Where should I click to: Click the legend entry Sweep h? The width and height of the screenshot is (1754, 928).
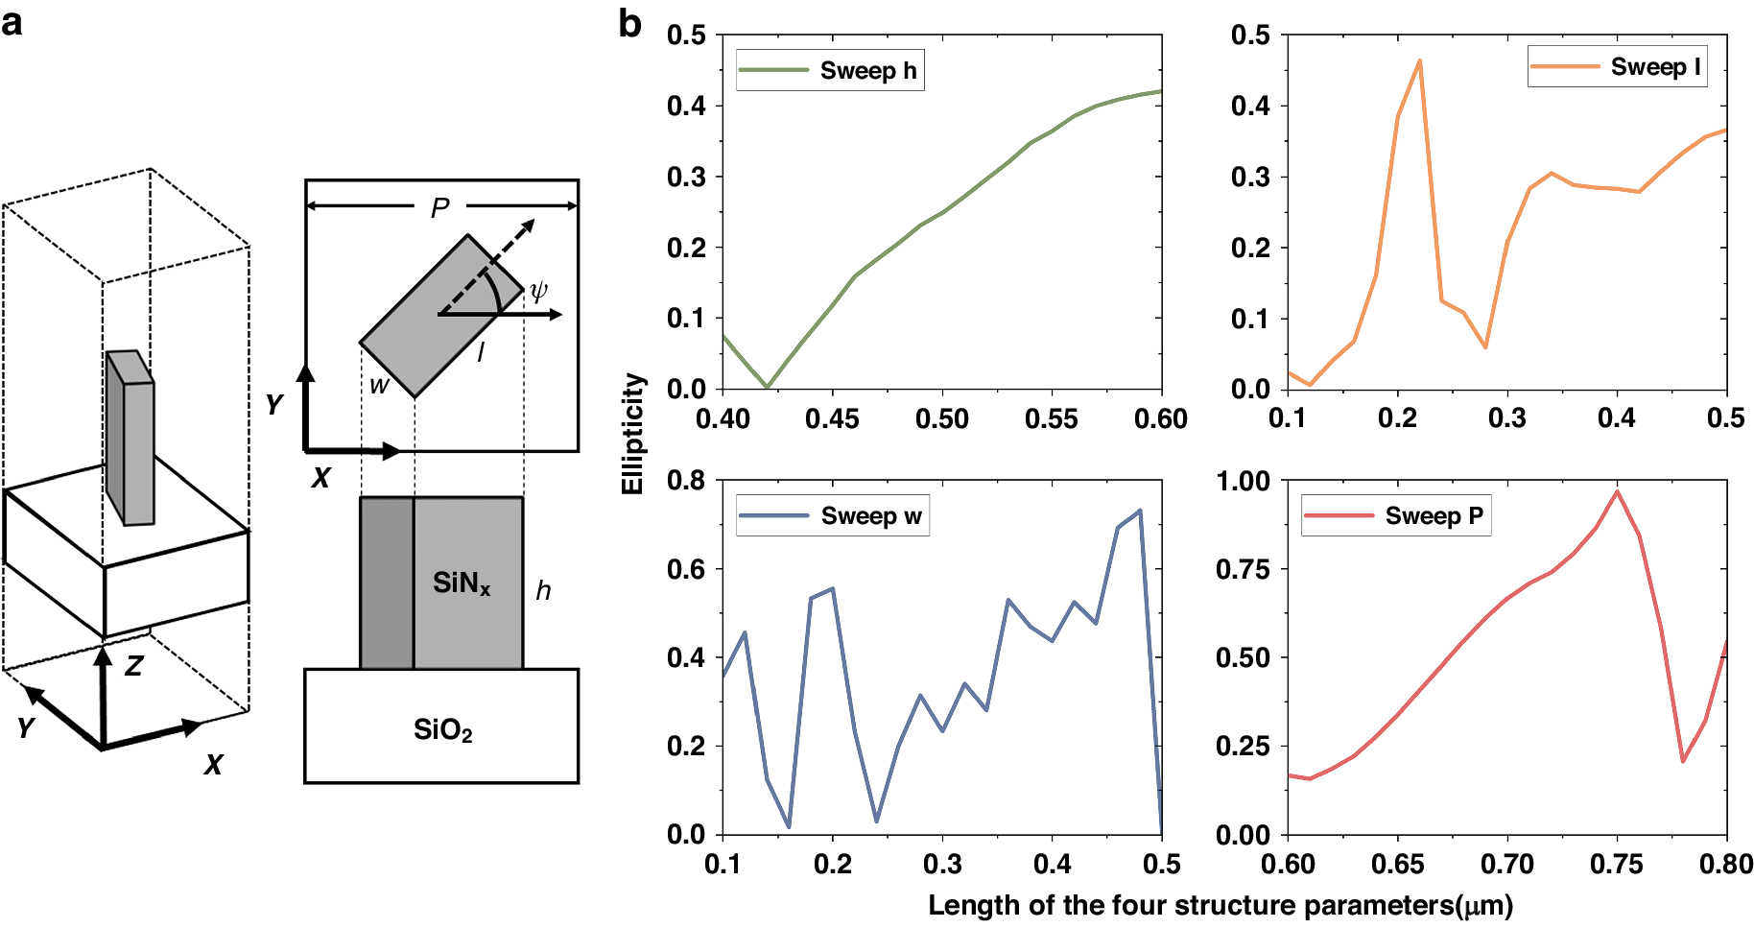(830, 71)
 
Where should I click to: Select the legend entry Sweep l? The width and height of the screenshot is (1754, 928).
(1618, 67)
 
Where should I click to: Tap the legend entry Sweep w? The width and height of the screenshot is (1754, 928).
(832, 516)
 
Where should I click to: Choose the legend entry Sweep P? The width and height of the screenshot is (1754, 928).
(1396, 516)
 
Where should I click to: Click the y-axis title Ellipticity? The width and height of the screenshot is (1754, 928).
(632, 434)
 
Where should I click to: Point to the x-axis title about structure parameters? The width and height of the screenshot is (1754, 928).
(1220, 905)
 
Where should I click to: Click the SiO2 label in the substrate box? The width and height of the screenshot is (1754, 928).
(442, 730)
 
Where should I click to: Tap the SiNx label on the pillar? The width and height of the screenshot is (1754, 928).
(462, 583)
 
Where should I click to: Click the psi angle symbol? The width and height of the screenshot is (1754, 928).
(538, 290)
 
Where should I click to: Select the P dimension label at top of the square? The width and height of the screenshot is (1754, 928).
(439, 207)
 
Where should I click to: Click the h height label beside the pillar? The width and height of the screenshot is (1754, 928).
(543, 590)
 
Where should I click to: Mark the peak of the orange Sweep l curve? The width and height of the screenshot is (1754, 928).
(1419, 60)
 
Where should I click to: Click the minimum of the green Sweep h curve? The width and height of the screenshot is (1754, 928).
(767, 388)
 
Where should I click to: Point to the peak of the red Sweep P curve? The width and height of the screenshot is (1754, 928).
(1617, 491)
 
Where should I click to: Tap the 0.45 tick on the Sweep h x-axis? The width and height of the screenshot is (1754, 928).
(832, 418)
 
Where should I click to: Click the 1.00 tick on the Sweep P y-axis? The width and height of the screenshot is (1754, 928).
(1243, 481)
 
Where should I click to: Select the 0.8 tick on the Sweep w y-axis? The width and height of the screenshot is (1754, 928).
(686, 480)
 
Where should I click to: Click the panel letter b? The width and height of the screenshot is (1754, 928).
(629, 23)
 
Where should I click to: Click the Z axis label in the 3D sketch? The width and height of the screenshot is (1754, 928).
(133, 665)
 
